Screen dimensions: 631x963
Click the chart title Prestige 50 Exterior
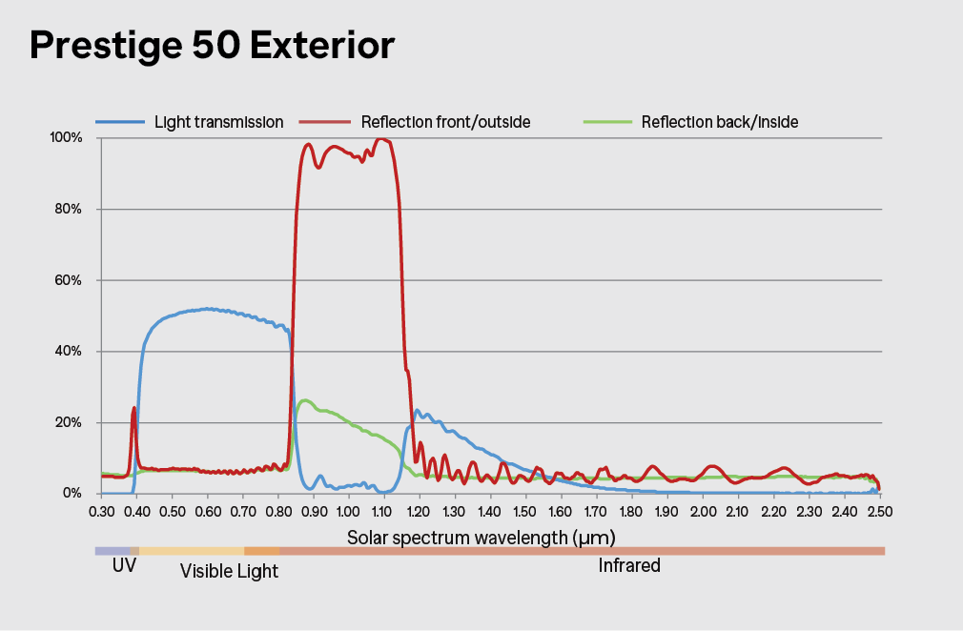point(212,46)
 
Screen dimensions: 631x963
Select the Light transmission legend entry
point(218,122)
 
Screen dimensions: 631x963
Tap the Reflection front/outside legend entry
point(445,122)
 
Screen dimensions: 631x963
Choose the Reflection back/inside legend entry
point(719,122)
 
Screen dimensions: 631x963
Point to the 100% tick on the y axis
point(67,138)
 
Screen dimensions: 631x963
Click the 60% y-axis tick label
point(69,280)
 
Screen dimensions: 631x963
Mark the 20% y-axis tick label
point(69,422)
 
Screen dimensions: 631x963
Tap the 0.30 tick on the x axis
point(101,512)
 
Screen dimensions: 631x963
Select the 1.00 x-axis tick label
point(349,512)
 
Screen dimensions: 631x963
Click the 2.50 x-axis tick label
point(879,512)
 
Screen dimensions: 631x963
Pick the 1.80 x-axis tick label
point(632,512)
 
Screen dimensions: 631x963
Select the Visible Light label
point(229,571)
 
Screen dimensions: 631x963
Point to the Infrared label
point(629,566)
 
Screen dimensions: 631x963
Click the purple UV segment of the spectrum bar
point(116,551)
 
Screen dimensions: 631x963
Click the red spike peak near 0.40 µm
point(133,408)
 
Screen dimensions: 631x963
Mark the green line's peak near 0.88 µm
point(303,400)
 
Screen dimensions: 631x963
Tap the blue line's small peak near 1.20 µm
point(418,411)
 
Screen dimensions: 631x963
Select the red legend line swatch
point(325,122)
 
